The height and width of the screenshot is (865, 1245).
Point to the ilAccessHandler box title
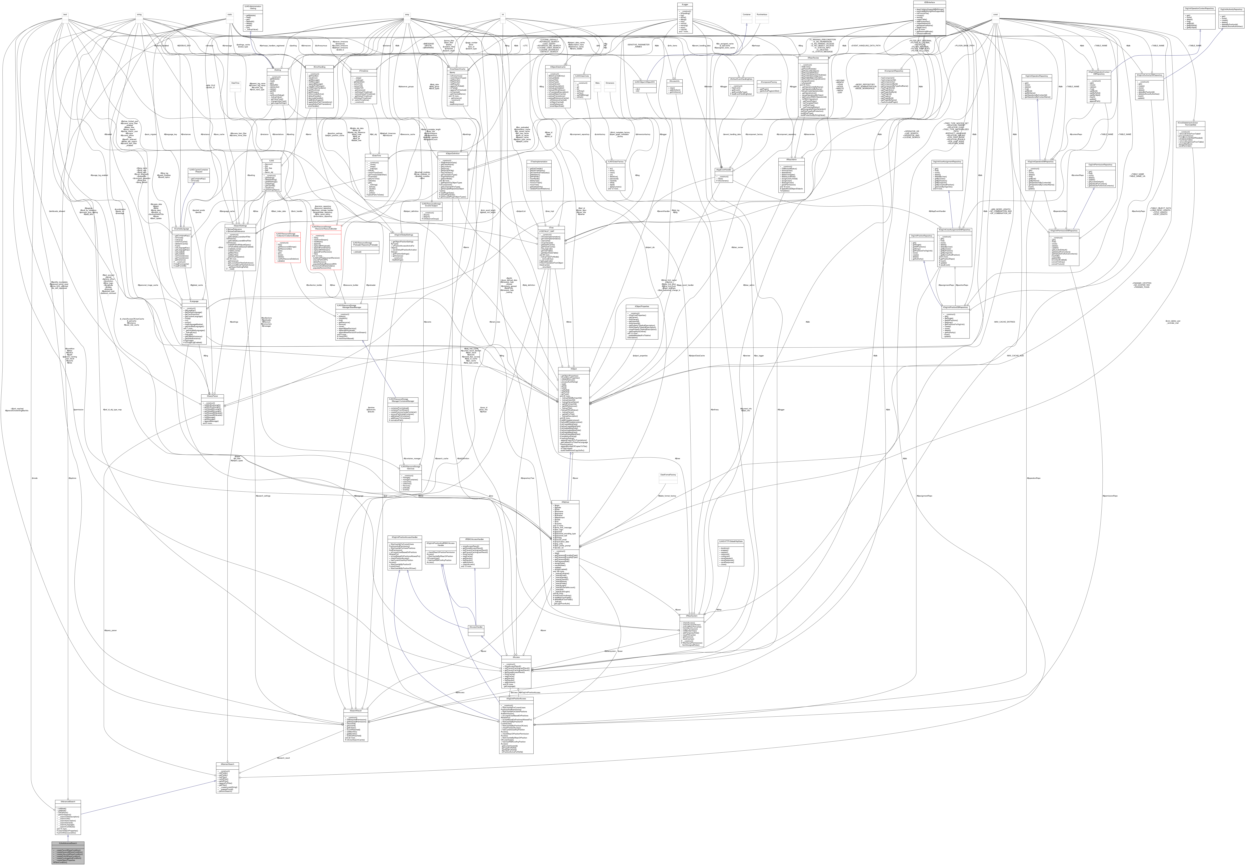pyautogui.click(x=475, y=627)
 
